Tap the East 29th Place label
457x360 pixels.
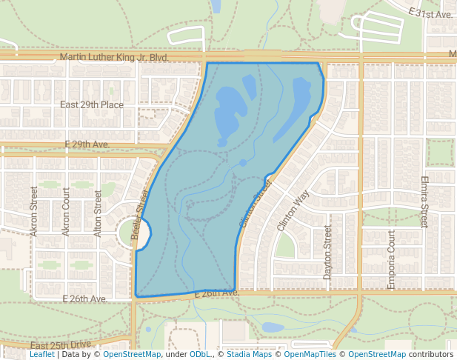pos(92,104)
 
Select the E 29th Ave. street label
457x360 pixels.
pos(87,143)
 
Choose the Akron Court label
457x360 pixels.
pos(66,212)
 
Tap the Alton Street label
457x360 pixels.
pos(99,213)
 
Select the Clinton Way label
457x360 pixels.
pos(292,211)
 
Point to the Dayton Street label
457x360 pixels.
pos(327,253)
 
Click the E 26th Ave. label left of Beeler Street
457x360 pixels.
pos(85,299)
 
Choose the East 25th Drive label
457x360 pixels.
pos(61,345)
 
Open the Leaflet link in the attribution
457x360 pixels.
pos(42,355)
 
